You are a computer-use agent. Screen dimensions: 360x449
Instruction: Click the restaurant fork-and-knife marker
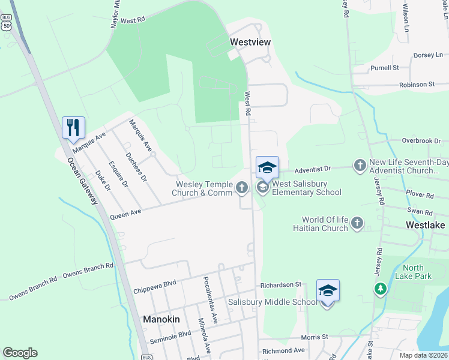coord(73,127)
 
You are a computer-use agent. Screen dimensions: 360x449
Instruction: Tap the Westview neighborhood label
coord(250,42)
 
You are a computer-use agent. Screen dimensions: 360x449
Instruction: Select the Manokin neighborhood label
coord(161,319)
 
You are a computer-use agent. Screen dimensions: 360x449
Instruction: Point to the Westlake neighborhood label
coord(426,225)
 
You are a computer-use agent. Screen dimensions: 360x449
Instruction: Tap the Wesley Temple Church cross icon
coord(242,188)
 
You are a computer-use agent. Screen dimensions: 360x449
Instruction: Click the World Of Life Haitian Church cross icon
coord(357,223)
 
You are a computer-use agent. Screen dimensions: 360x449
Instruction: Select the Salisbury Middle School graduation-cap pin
coord(328,291)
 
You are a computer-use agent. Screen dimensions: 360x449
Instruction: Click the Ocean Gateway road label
coord(83,181)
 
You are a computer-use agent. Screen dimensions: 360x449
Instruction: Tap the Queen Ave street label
coord(125,212)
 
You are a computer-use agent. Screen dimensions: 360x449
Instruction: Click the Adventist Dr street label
coord(310,170)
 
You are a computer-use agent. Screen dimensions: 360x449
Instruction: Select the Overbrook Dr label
coord(422,140)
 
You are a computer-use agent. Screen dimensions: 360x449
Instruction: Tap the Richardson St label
coord(280,284)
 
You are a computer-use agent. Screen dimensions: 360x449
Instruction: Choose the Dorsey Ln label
coord(428,55)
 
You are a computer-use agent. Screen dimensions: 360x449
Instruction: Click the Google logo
coord(20,353)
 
